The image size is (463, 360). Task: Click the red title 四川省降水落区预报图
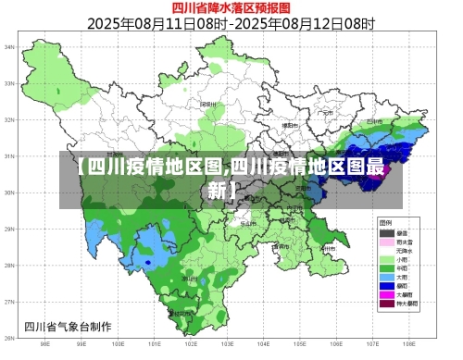coord(231,9)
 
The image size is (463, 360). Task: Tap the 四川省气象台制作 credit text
coord(69,326)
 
